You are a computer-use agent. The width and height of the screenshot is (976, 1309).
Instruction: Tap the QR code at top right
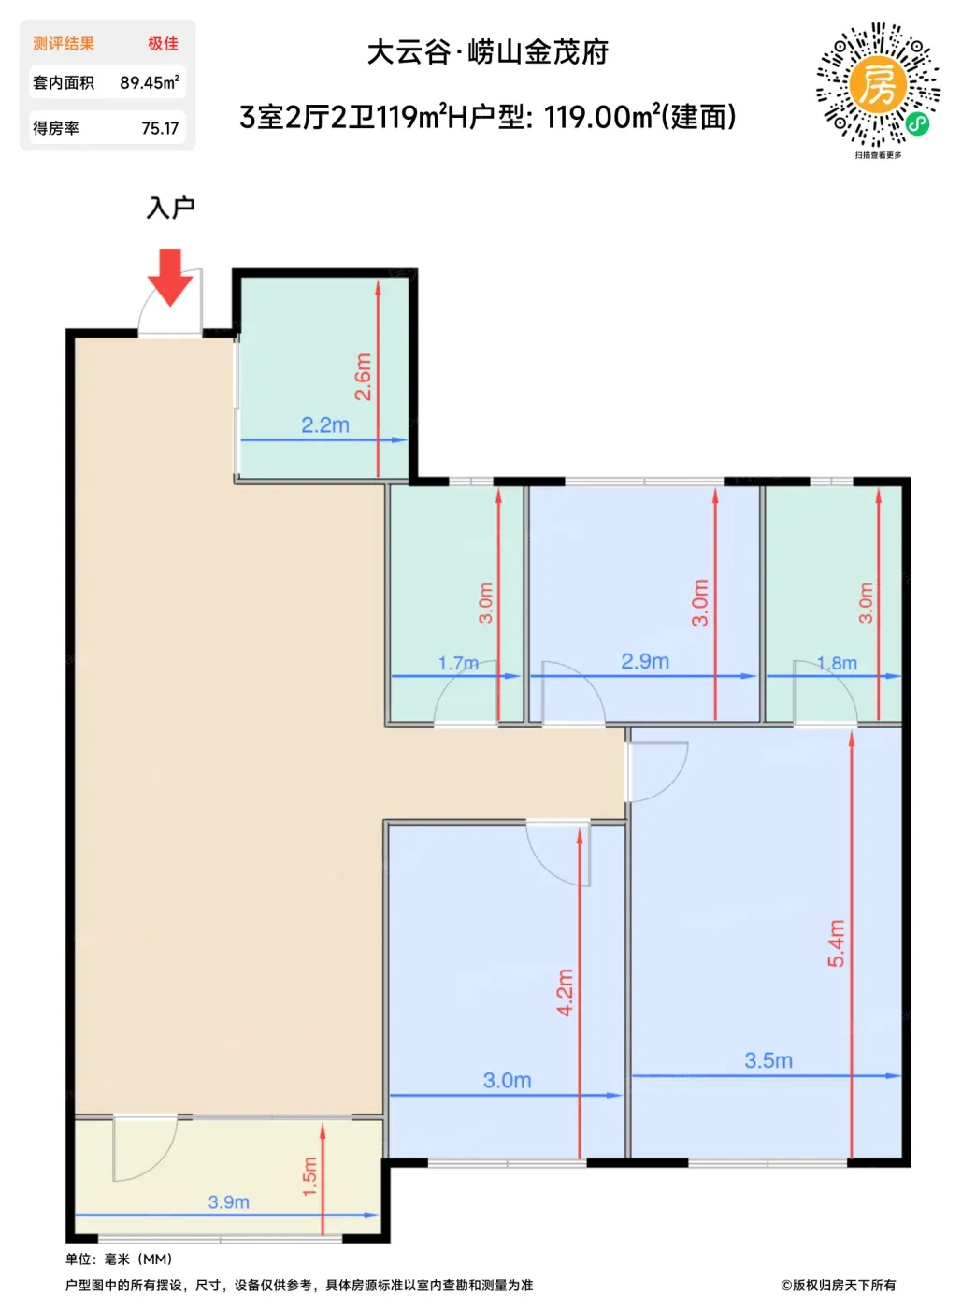pyautogui.click(x=878, y=85)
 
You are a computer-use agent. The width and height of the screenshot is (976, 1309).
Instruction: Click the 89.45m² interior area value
pyautogui.click(x=149, y=82)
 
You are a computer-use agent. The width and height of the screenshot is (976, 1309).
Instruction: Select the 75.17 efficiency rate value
pyautogui.click(x=160, y=128)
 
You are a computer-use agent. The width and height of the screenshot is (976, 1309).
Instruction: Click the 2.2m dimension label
pyautogui.click(x=325, y=425)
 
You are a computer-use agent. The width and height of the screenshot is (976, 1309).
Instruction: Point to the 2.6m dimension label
pyautogui.click(x=363, y=377)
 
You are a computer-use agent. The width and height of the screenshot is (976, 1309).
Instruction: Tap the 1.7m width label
pyautogui.click(x=458, y=663)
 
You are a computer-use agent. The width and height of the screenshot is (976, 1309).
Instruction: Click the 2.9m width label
pyautogui.click(x=644, y=661)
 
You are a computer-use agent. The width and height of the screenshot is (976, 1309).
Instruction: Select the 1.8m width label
pyautogui.click(x=837, y=663)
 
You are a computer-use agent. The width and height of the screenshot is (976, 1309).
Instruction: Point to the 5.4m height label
pyautogui.click(x=837, y=942)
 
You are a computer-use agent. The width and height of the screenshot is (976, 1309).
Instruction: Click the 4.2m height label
pyautogui.click(x=565, y=992)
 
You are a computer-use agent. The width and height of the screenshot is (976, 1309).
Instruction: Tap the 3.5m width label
pyautogui.click(x=768, y=1059)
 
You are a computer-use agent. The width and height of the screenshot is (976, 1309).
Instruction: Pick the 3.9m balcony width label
pyautogui.click(x=228, y=1201)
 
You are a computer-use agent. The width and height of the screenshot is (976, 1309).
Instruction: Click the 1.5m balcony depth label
pyautogui.click(x=309, y=1176)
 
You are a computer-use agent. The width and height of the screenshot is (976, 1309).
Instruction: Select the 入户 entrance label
pyautogui.click(x=170, y=208)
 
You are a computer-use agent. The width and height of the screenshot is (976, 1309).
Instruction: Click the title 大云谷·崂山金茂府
pyautogui.click(x=488, y=52)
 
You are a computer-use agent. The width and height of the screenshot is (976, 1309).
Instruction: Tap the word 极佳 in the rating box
pyautogui.click(x=164, y=44)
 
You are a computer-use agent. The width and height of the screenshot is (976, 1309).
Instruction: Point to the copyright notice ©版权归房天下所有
pyautogui.click(x=839, y=1285)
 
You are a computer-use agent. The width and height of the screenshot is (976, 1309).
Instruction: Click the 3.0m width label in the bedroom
pyautogui.click(x=507, y=1080)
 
